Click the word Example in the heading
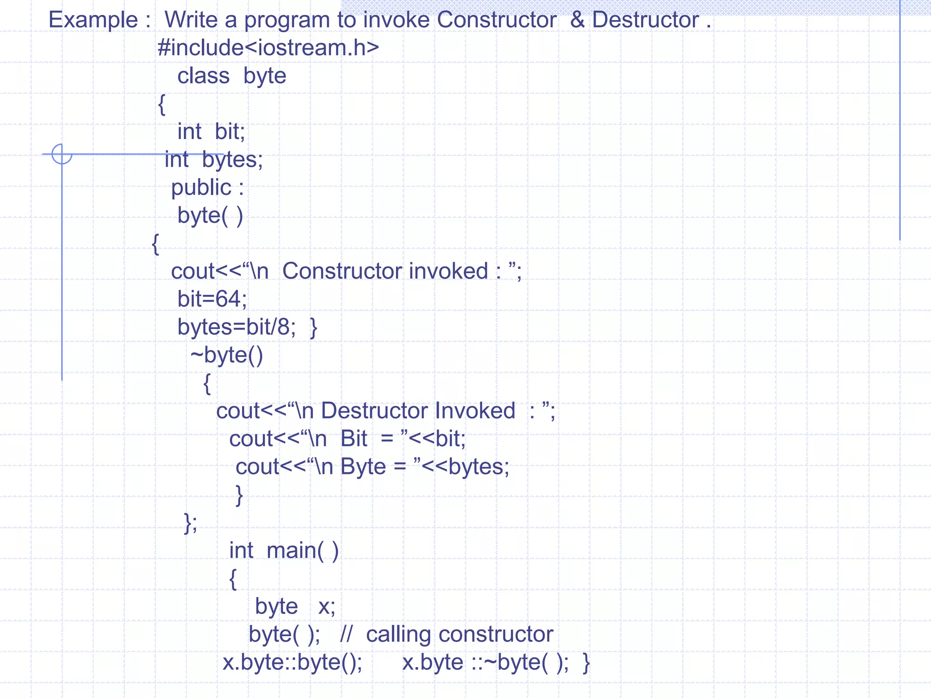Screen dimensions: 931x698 point(93,20)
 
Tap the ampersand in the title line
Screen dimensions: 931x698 point(577,20)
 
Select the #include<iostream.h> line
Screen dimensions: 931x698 point(268,48)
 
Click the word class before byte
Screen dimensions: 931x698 point(203,76)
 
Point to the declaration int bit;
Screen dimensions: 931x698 point(211,132)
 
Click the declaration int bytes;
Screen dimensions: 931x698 point(214,160)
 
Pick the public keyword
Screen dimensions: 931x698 point(201,188)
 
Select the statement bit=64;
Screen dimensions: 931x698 point(212,299)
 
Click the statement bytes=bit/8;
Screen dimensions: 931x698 point(236,327)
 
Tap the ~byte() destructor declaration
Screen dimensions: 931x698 point(226,355)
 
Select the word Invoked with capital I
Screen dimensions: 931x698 point(475,411)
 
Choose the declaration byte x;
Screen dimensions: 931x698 point(295,607)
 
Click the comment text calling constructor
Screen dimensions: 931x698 point(459,634)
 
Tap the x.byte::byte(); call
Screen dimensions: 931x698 point(292,663)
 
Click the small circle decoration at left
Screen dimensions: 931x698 point(62,154)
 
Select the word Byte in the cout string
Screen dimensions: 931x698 point(363,467)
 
